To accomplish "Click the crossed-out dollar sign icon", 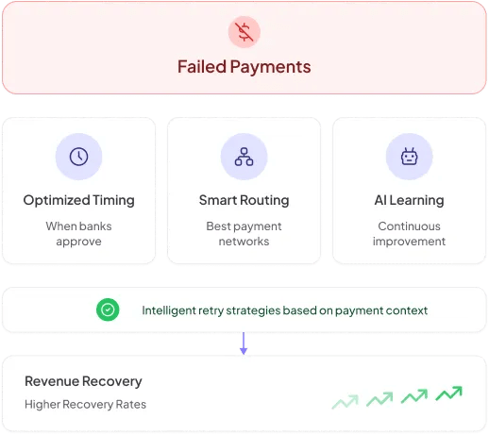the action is (244, 32).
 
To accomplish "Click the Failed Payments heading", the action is (244, 67).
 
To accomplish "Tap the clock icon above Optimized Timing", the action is (78, 157).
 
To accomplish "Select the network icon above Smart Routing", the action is (244, 157).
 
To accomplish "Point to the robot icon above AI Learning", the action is (409, 157).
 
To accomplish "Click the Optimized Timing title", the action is (78, 200).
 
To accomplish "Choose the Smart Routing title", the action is (244, 200).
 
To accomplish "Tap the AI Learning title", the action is (409, 200).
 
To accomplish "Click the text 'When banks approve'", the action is (78, 234).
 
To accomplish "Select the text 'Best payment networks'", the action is (244, 234).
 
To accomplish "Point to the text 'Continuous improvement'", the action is (409, 234).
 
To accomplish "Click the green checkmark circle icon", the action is (108, 310).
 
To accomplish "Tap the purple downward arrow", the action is (244, 343).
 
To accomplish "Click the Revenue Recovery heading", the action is (83, 381).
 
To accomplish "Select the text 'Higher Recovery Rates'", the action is (85, 404).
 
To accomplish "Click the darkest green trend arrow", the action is (448, 393).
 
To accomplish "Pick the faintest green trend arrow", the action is (346, 402).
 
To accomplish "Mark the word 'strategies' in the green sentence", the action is (253, 310).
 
